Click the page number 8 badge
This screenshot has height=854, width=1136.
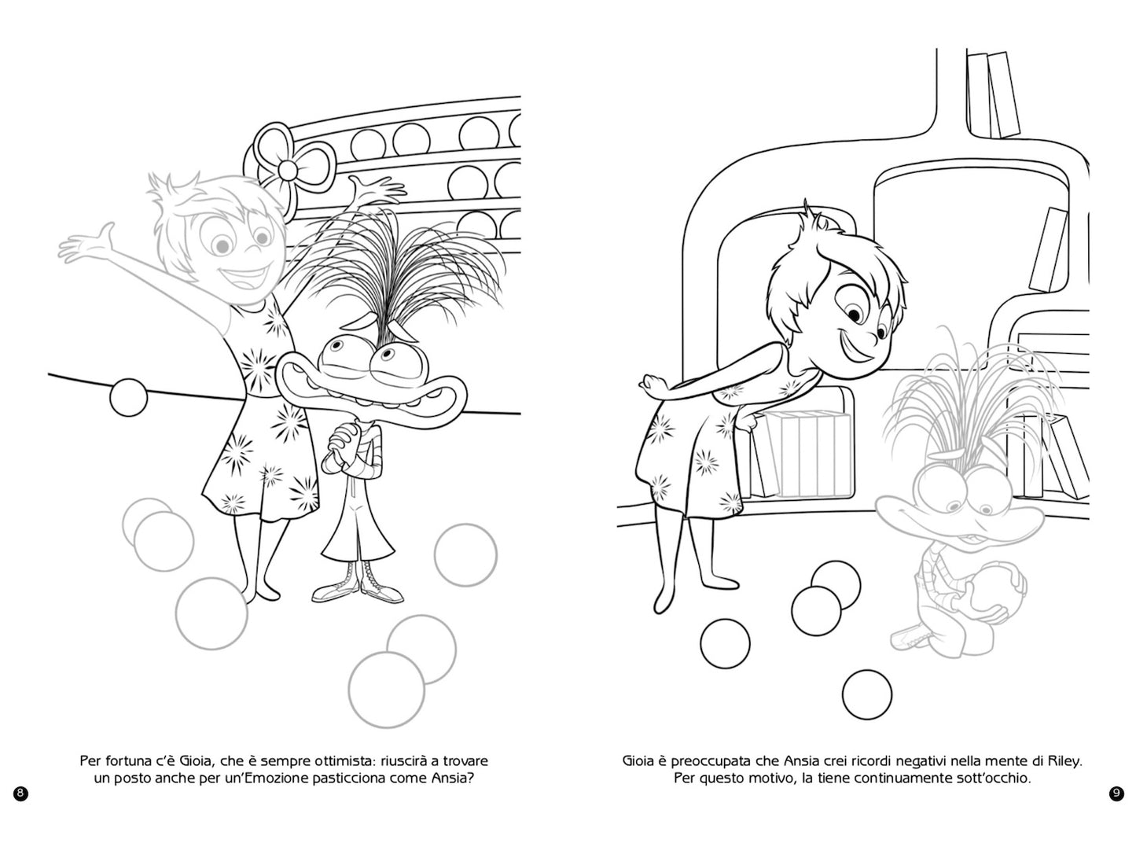click(21, 793)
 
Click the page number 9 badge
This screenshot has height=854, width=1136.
click(1116, 793)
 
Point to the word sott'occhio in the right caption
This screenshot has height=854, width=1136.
click(991, 779)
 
